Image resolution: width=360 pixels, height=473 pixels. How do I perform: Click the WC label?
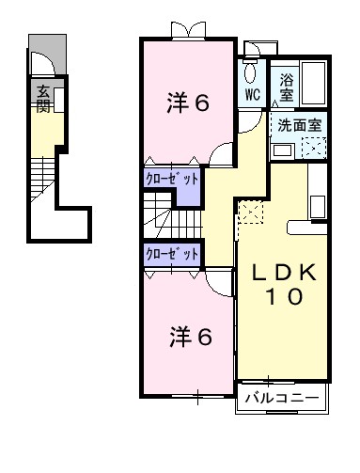point(252,96)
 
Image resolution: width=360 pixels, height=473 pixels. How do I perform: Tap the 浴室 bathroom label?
point(287,88)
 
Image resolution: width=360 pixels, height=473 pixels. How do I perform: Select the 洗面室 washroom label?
point(297,124)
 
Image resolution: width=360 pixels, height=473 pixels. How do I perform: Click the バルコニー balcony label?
point(282,398)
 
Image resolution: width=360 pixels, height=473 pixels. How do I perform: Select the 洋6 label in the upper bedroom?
point(188,103)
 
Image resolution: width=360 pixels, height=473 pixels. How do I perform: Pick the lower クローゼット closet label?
point(172,254)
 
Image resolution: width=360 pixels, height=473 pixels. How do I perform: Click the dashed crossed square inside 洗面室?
point(313,147)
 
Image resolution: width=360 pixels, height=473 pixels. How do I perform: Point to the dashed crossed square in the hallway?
point(250,213)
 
